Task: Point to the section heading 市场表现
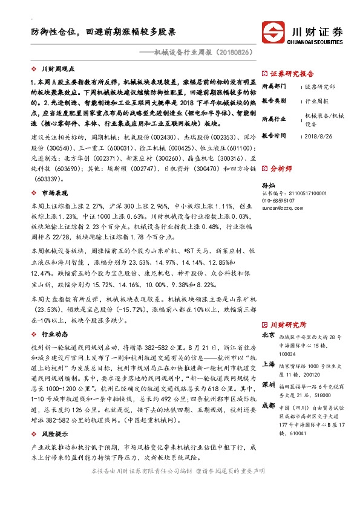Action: coord(53,193)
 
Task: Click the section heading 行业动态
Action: coord(53,334)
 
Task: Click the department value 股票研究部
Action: coord(319,86)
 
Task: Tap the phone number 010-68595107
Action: coord(278,199)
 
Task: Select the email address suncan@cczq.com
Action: coord(282,207)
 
